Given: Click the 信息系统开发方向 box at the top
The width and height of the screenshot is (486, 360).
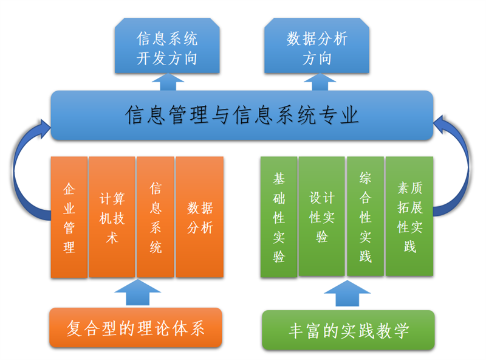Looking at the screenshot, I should (167, 49).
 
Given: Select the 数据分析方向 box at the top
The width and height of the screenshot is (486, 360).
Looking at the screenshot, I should (317, 49).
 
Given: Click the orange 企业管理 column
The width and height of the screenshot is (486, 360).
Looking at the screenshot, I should (69, 218).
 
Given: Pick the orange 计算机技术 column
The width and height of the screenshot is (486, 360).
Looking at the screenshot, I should (112, 218).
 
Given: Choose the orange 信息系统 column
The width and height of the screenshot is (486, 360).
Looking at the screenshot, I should (156, 218).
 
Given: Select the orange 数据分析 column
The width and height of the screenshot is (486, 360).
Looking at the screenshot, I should (199, 218).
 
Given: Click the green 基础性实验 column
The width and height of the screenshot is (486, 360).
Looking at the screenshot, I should (279, 216).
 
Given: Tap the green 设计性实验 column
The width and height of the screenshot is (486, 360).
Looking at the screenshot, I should (322, 216).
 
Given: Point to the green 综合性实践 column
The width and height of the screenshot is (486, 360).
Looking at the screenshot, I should (365, 216).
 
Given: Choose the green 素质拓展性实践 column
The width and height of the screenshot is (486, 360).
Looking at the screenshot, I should (409, 216).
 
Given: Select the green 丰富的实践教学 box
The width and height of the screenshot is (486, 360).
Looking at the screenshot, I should (349, 331).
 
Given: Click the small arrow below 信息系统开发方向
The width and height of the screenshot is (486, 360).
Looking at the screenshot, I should (167, 82).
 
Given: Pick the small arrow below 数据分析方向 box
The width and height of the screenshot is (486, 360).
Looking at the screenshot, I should (317, 82).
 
